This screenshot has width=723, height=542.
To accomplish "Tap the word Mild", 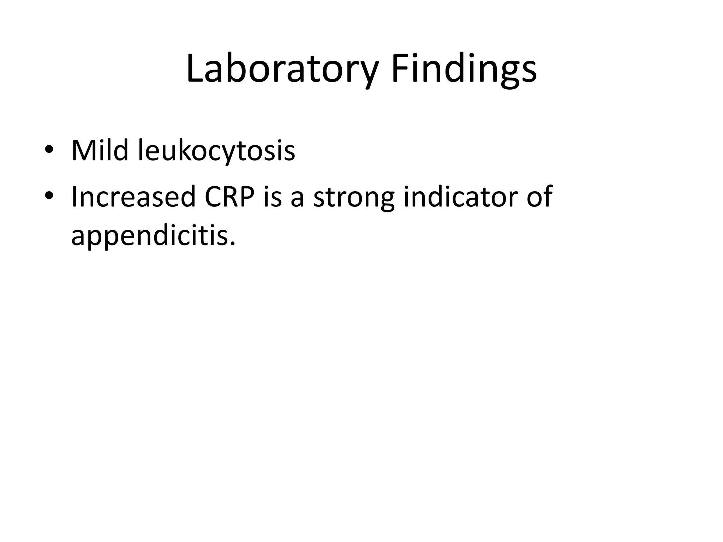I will (x=100, y=151).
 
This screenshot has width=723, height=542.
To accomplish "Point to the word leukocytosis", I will (x=216, y=151).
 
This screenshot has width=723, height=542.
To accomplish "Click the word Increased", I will (x=133, y=197).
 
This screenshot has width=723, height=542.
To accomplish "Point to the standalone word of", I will (x=539, y=197).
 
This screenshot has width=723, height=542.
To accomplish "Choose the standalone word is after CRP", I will (x=273, y=197).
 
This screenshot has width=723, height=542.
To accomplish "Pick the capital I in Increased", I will (x=74, y=197).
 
